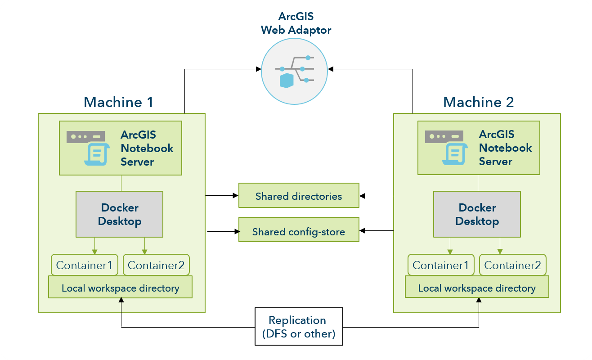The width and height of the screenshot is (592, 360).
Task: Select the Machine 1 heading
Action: pyautogui.click(x=118, y=102)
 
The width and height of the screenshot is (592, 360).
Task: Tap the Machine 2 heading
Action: pyautogui.click(x=478, y=102)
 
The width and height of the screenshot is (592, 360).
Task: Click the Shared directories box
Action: pyautogui.click(x=299, y=195)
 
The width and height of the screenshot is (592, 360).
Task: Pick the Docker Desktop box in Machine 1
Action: pyautogui.click(x=119, y=214)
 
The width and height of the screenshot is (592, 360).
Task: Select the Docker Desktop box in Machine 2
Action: pyautogui.click(x=477, y=214)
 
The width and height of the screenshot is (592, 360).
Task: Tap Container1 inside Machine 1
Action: pyautogui.click(x=84, y=265)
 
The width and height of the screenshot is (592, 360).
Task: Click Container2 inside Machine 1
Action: pyautogui.click(x=156, y=265)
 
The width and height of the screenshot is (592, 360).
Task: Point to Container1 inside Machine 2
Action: pyautogui.click(x=440, y=265)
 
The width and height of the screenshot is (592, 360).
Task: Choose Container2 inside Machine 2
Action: pyautogui.click(x=512, y=265)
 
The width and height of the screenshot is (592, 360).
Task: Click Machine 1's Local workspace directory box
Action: pyautogui.click(x=120, y=288)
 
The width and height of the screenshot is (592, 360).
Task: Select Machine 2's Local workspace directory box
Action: pyautogui.click(x=477, y=288)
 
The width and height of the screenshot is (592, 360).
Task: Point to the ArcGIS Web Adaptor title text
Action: pyautogui.click(x=296, y=24)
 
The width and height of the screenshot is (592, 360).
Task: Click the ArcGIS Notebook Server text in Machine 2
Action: pyautogui.click(x=505, y=148)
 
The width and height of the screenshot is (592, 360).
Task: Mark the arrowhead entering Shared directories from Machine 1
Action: pyautogui.click(x=235, y=196)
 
